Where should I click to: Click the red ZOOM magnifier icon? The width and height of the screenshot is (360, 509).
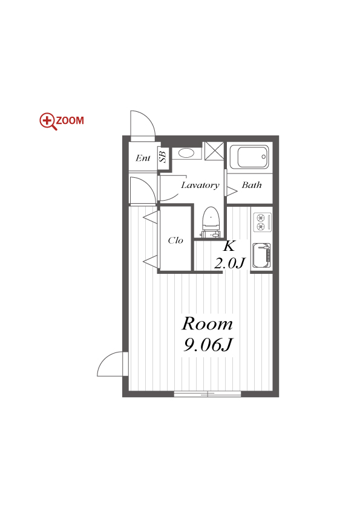[48, 122]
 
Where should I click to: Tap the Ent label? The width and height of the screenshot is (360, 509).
[143, 158]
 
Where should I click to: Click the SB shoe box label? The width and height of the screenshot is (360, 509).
[163, 155]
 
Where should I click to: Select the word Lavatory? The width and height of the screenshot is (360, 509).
[200, 185]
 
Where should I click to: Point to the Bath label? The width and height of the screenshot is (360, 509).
[252, 185]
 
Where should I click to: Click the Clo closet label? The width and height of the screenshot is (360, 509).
[175, 240]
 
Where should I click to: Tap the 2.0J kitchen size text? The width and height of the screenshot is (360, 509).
[229, 263]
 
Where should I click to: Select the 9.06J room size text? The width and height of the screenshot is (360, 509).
[208, 345]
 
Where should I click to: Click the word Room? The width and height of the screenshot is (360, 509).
[208, 323]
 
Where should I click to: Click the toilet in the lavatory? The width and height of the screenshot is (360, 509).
[211, 222]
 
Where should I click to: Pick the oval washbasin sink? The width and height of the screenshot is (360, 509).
[186, 153]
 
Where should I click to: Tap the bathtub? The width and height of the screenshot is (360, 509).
[249, 157]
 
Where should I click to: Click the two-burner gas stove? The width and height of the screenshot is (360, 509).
[261, 222]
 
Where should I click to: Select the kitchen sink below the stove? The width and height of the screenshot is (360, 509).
[261, 256]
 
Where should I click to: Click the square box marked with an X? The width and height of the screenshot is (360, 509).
[214, 151]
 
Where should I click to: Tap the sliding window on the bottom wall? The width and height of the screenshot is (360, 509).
[208, 394]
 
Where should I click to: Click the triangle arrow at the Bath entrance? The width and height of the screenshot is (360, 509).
[232, 191]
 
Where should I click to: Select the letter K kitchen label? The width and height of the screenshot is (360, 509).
[229, 246]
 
